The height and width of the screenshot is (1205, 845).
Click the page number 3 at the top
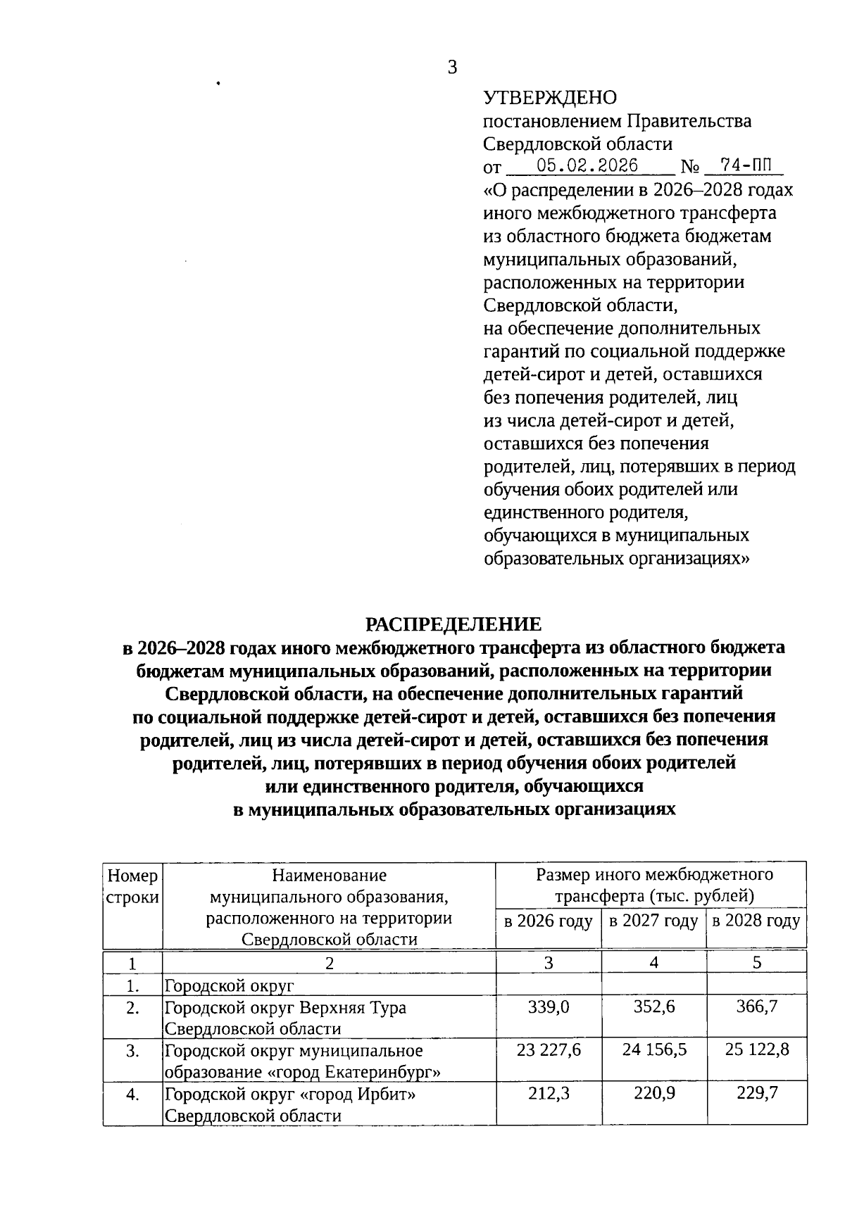point(452,68)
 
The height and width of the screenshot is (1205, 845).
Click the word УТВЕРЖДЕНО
point(550,98)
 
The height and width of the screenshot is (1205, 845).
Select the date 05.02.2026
point(587,166)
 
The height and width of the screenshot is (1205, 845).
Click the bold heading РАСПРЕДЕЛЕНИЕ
point(453,624)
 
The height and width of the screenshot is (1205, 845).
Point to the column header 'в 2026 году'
point(548,921)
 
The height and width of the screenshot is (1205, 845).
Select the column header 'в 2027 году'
point(653,921)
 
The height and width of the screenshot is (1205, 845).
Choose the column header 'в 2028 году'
point(756,921)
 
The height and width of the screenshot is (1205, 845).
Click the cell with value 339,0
point(549,1007)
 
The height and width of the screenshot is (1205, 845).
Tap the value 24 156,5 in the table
point(654,1050)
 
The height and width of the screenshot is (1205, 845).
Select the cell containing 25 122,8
point(757,1050)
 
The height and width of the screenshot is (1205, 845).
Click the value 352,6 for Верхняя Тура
point(654,1007)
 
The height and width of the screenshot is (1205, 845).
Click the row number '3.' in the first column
point(132,1051)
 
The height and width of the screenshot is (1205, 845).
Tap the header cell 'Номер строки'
point(132,887)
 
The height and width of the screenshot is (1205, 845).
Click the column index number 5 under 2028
point(757,963)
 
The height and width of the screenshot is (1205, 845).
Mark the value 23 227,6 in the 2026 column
point(549,1050)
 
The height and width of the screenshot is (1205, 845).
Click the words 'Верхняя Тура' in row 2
point(353,1008)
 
